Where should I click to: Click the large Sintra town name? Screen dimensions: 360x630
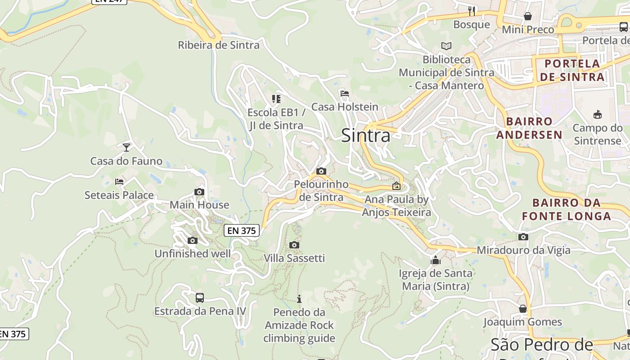point(365,135)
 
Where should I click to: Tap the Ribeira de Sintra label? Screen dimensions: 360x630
point(219,45)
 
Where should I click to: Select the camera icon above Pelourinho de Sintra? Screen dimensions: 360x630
point(321,171)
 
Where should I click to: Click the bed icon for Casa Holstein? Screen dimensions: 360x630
point(345,94)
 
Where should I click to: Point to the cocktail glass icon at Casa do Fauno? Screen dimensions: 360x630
point(126,147)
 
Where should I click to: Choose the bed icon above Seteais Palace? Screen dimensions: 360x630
point(119,181)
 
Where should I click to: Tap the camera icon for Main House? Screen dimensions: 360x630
point(199,192)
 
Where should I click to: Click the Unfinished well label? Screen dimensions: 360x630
point(193,254)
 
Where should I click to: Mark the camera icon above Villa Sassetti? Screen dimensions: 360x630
point(294,245)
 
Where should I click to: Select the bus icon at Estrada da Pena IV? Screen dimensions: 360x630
point(199,297)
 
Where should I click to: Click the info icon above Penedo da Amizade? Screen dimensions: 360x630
point(299,299)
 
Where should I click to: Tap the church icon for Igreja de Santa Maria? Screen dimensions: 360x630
point(435,260)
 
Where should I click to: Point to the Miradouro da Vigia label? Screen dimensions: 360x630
point(524,250)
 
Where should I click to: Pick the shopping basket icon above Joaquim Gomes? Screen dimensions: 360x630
point(522,309)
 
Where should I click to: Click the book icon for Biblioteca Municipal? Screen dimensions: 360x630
point(446,46)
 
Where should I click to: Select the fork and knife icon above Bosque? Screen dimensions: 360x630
point(471,11)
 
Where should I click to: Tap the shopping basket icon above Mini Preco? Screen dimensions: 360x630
point(527,16)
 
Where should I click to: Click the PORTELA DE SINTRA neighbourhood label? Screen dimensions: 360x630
point(571,70)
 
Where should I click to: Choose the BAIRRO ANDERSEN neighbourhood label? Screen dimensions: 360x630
point(529,128)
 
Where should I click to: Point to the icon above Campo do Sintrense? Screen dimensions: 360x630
point(597,114)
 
